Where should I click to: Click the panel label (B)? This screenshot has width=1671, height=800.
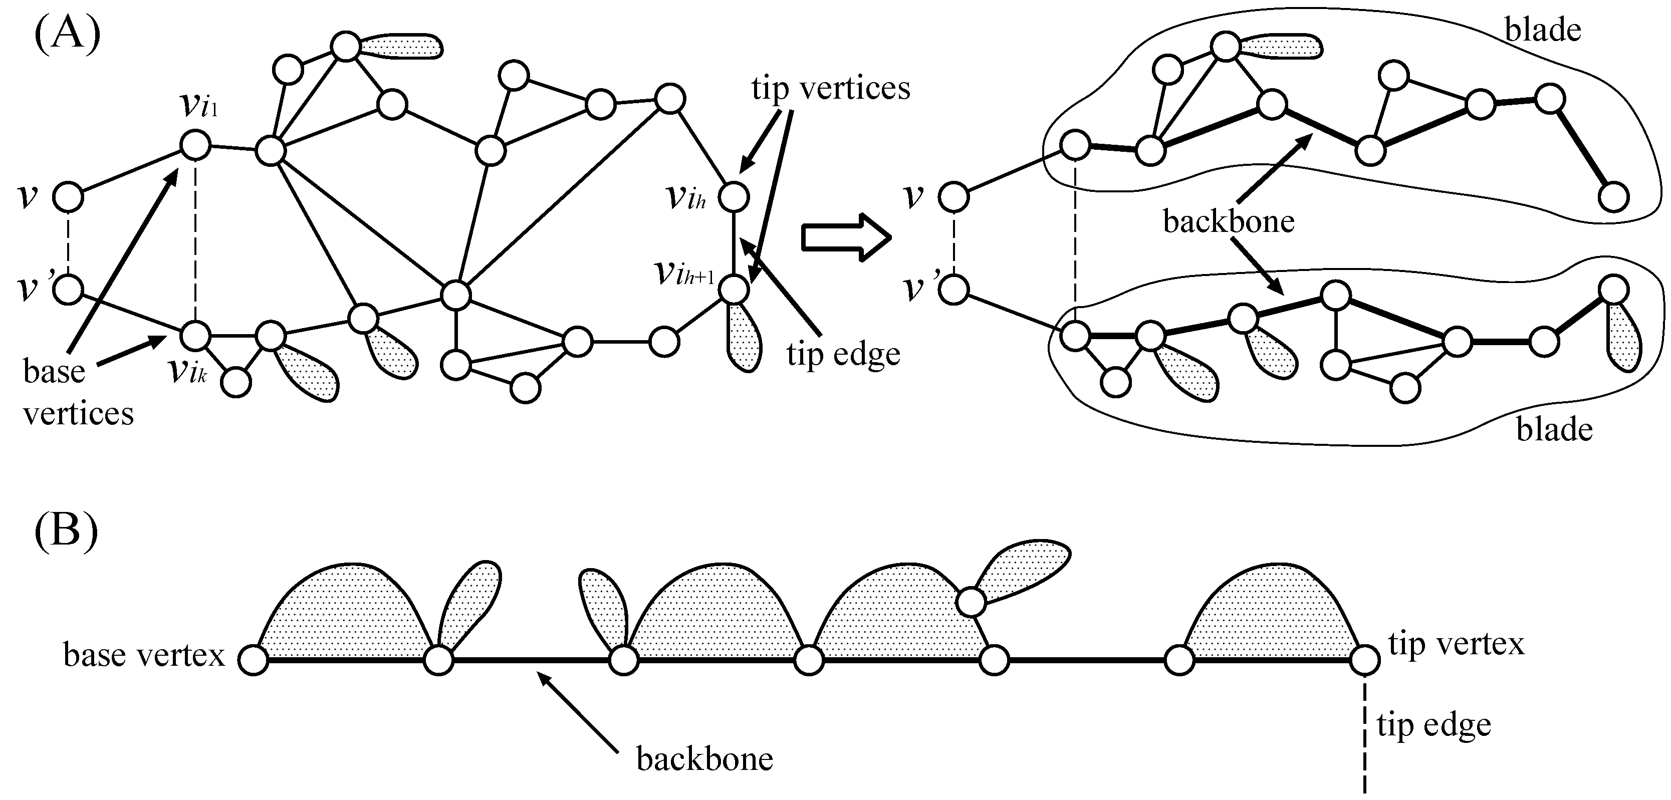tap(66, 531)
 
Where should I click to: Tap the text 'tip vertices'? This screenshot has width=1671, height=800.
tap(830, 88)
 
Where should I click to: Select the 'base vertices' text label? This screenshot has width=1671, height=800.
tap(78, 393)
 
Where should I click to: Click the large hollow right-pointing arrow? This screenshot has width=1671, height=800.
tap(846, 238)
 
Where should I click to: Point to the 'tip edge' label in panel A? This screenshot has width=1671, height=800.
tap(843, 354)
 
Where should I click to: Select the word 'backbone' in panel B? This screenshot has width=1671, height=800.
tap(704, 758)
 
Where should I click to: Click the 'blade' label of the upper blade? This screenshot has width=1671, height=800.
tap(1543, 30)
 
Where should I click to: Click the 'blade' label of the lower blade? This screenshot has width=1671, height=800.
tap(1554, 429)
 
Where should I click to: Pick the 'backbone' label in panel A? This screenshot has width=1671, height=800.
tap(1229, 222)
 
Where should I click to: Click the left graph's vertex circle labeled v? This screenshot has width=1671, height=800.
tap(68, 196)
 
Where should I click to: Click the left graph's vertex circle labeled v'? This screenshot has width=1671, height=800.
tap(68, 289)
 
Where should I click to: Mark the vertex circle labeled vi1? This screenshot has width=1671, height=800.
tap(195, 145)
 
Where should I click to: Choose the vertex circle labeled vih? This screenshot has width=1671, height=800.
tap(735, 196)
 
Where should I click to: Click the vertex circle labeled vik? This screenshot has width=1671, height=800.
tap(195, 336)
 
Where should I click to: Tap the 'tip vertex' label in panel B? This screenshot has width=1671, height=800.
tap(1456, 644)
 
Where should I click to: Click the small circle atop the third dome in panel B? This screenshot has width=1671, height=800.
tap(971, 602)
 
